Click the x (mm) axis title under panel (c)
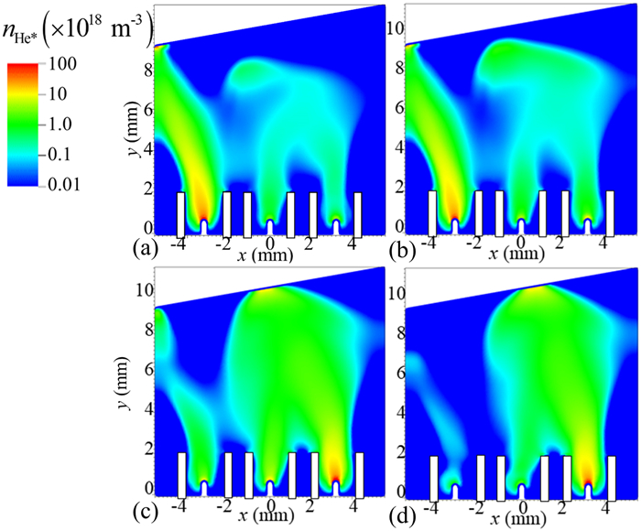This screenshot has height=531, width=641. tap(271, 517)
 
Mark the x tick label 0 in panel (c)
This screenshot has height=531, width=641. tap(270, 504)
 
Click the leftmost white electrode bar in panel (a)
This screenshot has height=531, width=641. tap(181, 213)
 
